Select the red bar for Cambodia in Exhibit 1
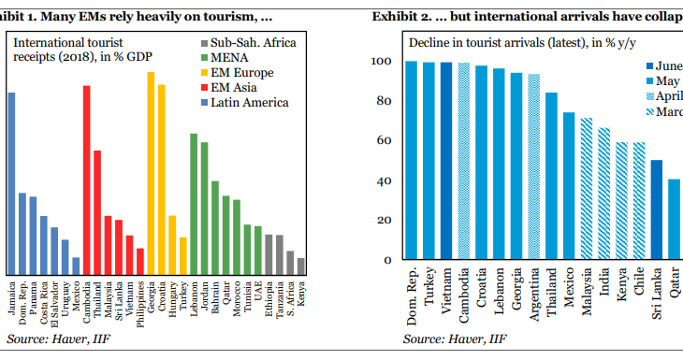[87, 178]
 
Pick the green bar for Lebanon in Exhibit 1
[194, 202]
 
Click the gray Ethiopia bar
[269, 252]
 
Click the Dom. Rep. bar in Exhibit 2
[412, 160]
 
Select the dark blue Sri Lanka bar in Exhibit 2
[657, 209]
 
